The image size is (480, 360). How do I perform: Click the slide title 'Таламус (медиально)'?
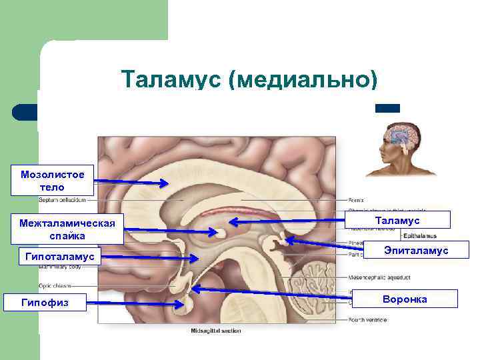(x=249, y=80)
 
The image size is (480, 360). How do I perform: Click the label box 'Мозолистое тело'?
(x=53, y=181)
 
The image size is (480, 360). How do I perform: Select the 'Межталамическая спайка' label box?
(x=67, y=229)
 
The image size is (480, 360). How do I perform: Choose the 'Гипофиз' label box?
(x=45, y=303)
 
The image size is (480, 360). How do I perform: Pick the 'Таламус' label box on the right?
(x=397, y=220)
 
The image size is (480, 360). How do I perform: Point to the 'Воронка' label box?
(x=405, y=299)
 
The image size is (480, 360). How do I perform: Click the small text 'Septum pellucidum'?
(x=63, y=199)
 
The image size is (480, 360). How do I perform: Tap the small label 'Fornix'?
(x=356, y=199)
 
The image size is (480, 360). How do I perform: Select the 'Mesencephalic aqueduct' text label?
(x=373, y=277)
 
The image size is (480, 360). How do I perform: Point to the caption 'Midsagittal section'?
(x=216, y=331)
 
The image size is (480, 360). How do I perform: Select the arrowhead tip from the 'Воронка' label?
(x=192, y=289)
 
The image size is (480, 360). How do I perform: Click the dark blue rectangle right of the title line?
(x=387, y=108)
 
